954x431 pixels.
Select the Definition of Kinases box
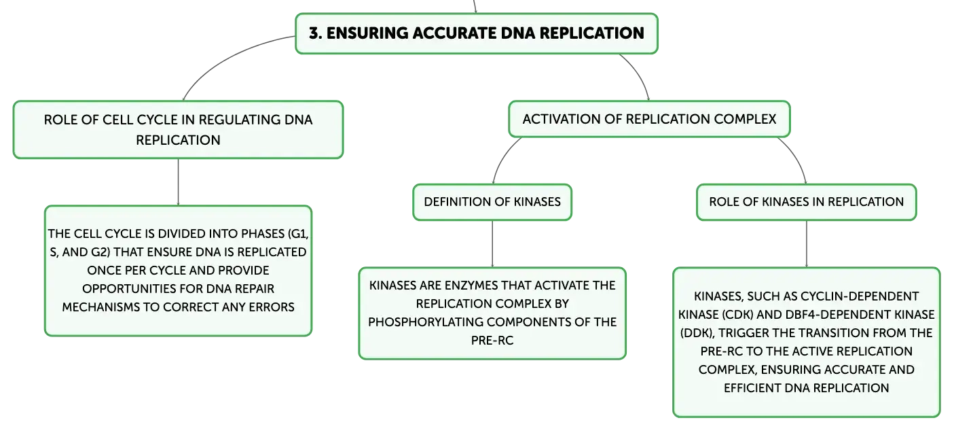[492, 202]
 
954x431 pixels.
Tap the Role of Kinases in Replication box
[806, 202]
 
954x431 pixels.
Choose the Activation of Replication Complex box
[650, 119]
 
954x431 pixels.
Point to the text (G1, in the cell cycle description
[298, 234]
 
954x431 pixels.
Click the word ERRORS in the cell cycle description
[272, 307]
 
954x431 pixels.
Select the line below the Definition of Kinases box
[492, 244]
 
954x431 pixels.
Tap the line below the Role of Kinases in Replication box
[806, 244]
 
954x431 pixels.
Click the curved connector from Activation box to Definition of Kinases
[502, 156]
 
